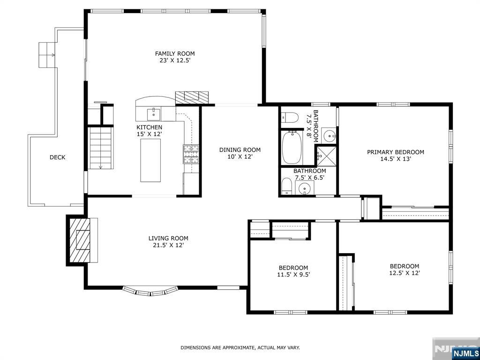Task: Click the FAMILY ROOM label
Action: pyautogui.click(x=175, y=53)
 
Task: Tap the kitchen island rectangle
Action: pyautogui.click(x=150, y=160)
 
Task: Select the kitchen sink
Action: pyautogui.click(x=153, y=114)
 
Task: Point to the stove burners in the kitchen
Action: pyautogui.click(x=191, y=154)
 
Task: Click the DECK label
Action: pyautogui.click(x=58, y=157)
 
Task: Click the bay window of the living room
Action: pyautogui.click(x=150, y=291)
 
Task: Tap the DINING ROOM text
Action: pyautogui.click(x=240, y=150)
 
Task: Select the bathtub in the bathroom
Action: pyautogui.click(x=292, y=147)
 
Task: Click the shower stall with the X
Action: pyautogui.click(x=326, y=156)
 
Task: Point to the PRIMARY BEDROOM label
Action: pyautogui.click(x=396, y=152)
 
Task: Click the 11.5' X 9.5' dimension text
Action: pyautogui.click(x=293, y=275)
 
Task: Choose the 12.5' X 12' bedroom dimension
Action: pyautogui.click(x=405, y=273)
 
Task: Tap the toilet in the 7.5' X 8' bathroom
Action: pyautogui.click(x=290, y=117)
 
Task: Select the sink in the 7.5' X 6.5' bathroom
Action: pyautogui.click(x=305, y=187)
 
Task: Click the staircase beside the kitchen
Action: pyautogui.click(x=101, y=148)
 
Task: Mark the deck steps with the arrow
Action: pyautogui.click(x=47, y=55)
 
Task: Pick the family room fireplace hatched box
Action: pyautogui.click(x=192, y=97)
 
